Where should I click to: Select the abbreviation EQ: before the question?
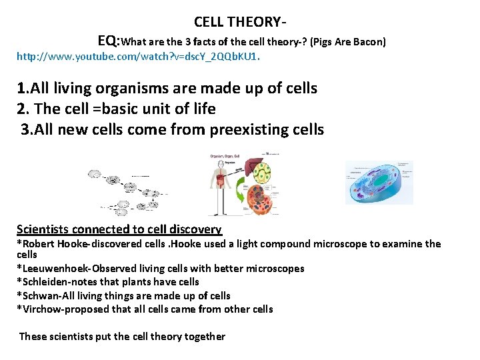pos(109,41)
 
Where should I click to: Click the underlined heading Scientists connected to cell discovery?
pos(119,229)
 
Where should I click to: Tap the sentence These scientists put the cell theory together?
pos(122,336)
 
